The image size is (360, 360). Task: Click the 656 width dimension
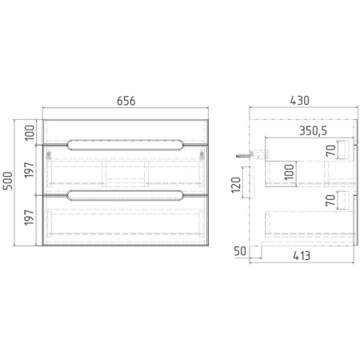126,101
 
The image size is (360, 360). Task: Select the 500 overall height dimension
8,181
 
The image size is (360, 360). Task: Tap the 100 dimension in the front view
30,133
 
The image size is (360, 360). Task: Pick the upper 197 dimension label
30,170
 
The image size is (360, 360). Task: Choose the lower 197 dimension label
30,218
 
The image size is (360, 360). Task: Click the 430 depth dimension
300,101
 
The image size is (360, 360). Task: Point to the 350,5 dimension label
313,130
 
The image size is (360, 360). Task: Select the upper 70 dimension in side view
330,150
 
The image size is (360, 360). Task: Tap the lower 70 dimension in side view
330,200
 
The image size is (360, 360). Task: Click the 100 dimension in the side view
289,172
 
